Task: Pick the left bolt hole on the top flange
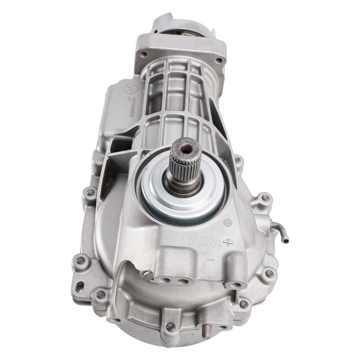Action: coord(143,54)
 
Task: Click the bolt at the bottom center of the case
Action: coord(171,326)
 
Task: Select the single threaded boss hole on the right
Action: coord(236,284)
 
